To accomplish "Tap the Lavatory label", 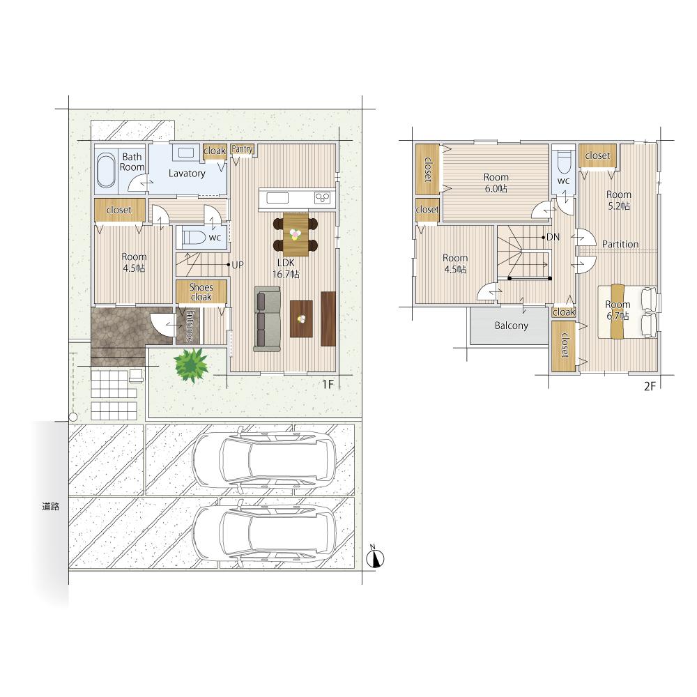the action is pos(187,174).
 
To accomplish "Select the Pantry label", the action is pos(243,149).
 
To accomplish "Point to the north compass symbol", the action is pos(376,558).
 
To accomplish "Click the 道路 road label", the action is pos(51,506).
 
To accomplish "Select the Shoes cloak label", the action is pos(201,291).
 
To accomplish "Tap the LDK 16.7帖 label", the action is pos(286,268).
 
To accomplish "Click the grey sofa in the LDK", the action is pos(267,319).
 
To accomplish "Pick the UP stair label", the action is pos(238,265).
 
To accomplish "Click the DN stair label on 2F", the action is pos(553,238).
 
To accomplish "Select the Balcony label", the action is pos(511,325).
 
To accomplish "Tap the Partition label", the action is pos(620,244).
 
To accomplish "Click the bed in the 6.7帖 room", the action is pos(628,312).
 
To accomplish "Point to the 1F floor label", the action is pos(328,384).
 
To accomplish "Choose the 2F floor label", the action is pos(650,386).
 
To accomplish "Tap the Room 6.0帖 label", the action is pos(496,183).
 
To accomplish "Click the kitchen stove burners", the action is pos(322,197).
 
